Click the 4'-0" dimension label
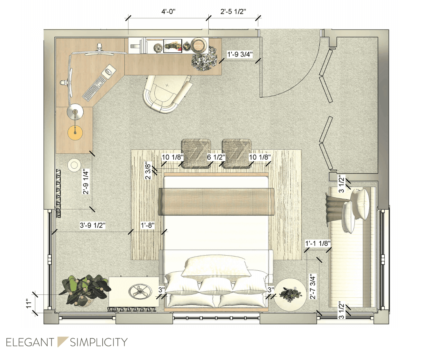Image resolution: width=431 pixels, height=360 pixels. (168, 12)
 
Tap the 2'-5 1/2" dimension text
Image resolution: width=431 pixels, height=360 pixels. (233, 12)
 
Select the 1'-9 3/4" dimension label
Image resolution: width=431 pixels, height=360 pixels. (240, 54)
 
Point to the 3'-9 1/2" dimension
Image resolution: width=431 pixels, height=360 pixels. (93, 225)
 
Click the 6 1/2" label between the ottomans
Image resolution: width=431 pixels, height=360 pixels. (216, 157)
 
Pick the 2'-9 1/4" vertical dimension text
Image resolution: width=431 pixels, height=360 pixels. (86, 182)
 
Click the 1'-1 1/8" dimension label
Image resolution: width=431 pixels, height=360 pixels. (318, 243)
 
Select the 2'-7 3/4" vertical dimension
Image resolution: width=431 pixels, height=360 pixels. (313, 286)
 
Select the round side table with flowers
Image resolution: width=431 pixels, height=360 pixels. (290, 295)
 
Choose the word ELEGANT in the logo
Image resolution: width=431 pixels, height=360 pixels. (30, 342)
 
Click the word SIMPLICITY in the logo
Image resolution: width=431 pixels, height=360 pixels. (99, 342)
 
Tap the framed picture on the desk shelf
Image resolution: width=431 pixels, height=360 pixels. (173, 46)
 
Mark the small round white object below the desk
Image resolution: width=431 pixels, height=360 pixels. (74, 165)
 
